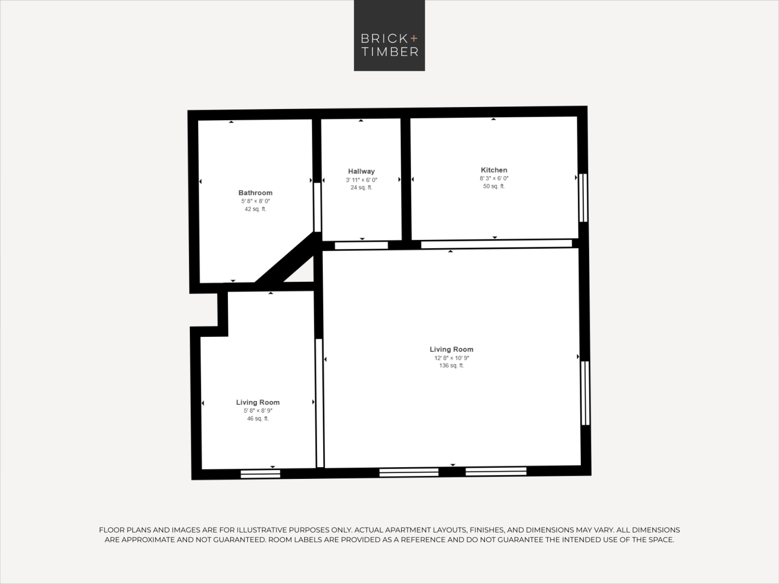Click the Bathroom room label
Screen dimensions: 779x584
[x=256, y=193]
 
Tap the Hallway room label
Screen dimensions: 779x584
[x=361, y=171]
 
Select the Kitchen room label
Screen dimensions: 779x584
[x=494, y=170]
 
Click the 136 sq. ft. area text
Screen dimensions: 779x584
[x=451, y=366]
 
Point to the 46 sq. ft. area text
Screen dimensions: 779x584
[x=258, y=419]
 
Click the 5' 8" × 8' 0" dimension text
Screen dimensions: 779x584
[x=256, y=201]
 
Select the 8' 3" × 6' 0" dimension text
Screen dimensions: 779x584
[x=494, y=178]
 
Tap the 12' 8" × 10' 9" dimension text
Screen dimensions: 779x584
[x=452, y=358]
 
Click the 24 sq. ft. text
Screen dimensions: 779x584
[x=361, y=187]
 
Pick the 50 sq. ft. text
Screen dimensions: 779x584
[x=494, y=186]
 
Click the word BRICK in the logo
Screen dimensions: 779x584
[x=384, y=39]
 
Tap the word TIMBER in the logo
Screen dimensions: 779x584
[x=390, y=52]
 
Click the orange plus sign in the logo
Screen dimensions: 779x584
[x=414, y=38]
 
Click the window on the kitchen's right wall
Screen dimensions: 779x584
[x=583, y=198]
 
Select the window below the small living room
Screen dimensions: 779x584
[x=260, y=474]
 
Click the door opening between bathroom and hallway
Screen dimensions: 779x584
[x=317, y=207]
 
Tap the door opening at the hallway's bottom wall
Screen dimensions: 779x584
[x=361, y=245]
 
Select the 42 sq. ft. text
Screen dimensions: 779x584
[x=256, y=209]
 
